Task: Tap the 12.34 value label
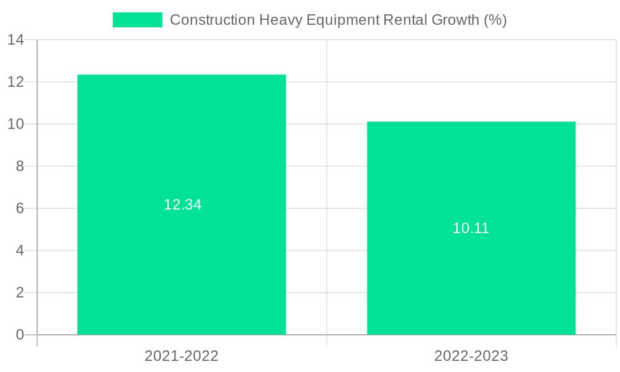click(x=183, y=205)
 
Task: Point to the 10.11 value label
click(x=471, y=228)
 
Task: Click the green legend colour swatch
click(x=137, y=20)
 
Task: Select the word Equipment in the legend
click(x=342, y=20)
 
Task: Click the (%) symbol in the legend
click(x=495, y=20)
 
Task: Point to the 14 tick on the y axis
click(x=16, y=40)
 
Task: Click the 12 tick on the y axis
click(x=16, y=82)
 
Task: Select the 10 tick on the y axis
click(x=16, y=124)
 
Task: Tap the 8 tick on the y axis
click(x=20, y=166)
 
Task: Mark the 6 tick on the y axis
click(x=20, y=208)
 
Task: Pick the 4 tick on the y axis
click(x=20, y=250)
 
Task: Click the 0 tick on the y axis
click(x=20, y=335)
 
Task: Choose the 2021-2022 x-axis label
click(x=182, y=356)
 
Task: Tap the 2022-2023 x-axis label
click(x=471, y=356)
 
